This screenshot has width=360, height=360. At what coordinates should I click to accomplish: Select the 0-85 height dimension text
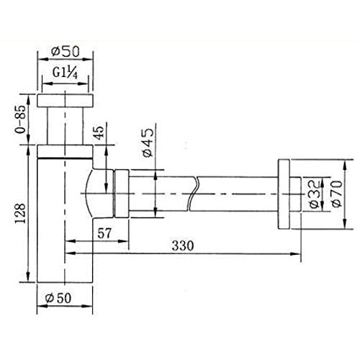pos(22,120)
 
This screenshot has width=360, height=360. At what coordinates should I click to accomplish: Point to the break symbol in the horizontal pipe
pos(196,192)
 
